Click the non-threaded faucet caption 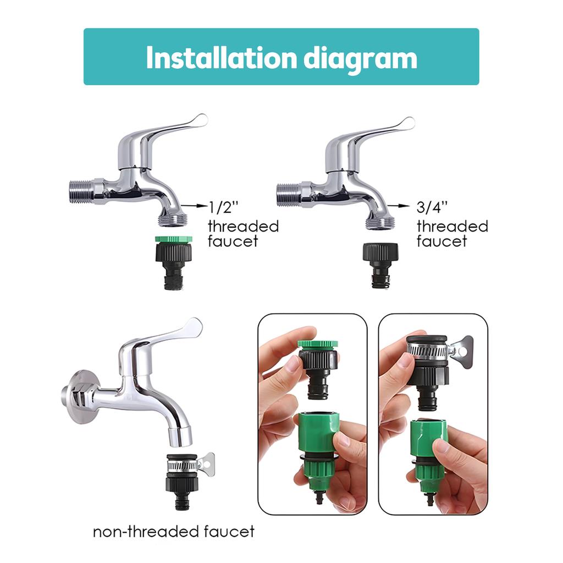[174, 532]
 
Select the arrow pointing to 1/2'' [193, 205]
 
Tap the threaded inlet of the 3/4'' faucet [287, 193]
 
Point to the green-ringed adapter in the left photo [317, 363]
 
